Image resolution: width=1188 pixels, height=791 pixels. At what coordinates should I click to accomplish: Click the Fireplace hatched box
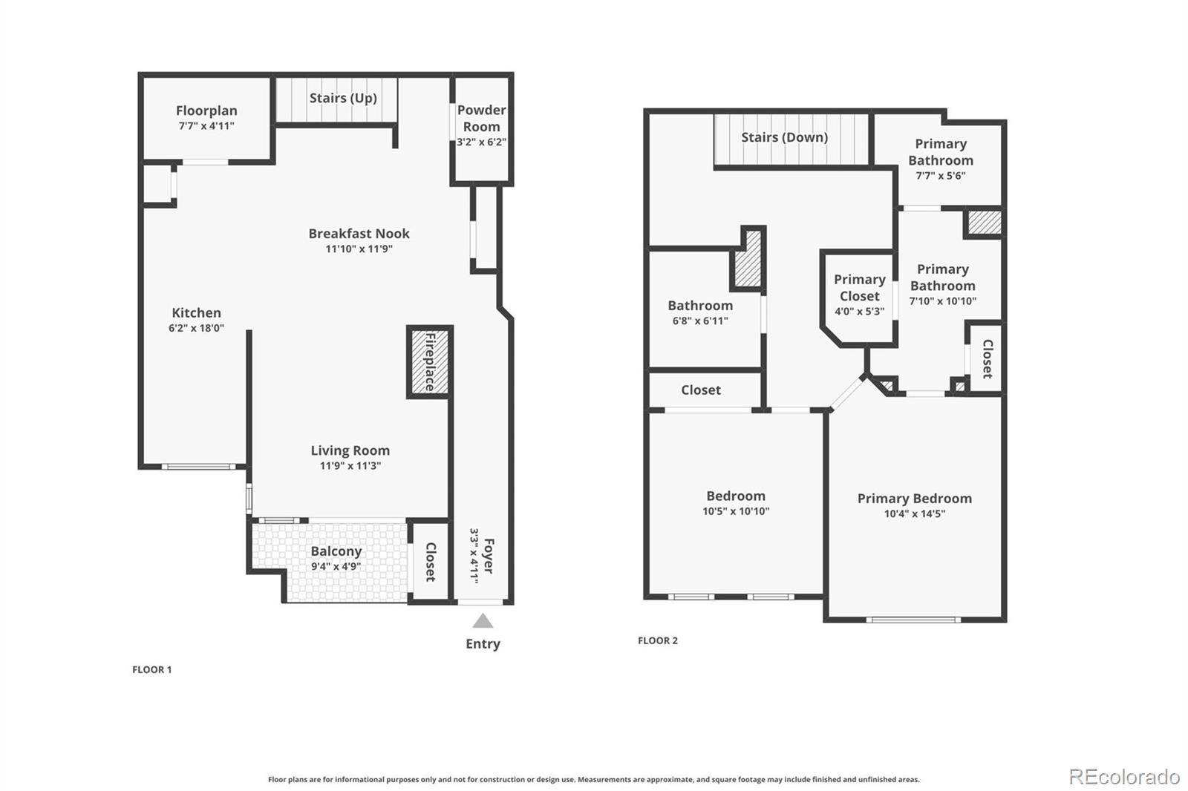[429, 361]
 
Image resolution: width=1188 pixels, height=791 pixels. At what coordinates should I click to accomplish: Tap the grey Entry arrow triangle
[483, 621]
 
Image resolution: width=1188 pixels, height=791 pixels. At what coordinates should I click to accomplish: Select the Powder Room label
[481, 118]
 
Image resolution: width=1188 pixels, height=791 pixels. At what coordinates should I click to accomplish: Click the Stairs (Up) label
[343, 98]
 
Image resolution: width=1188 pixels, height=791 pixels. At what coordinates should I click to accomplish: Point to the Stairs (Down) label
[784, 137]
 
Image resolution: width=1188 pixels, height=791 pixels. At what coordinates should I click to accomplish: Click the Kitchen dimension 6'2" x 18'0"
[196, 328]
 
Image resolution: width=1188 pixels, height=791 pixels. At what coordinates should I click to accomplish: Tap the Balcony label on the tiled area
[336, 551]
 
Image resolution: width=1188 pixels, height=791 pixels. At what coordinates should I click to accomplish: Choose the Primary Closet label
[859, 287]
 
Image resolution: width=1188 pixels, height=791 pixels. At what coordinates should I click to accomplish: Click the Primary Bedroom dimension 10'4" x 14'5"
[914, 513]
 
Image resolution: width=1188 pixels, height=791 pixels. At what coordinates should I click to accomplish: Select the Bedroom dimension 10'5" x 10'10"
[736, 511]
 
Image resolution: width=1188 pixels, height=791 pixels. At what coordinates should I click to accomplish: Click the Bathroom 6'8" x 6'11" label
[700, 312]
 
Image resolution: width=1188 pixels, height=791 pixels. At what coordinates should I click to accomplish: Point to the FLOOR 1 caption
[151, 669]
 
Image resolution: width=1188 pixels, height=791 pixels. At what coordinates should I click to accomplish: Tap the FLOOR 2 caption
[657, 640]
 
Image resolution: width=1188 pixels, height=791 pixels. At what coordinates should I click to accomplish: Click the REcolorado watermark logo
[1124, 777]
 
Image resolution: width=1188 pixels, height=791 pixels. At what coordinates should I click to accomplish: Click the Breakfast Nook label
[359, 234]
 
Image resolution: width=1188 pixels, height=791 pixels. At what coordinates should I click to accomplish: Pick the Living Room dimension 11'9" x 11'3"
[350, 466]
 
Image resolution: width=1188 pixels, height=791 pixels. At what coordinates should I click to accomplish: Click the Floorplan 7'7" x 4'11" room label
[206, 118]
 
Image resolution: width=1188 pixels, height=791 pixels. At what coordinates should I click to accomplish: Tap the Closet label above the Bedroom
[700, 390]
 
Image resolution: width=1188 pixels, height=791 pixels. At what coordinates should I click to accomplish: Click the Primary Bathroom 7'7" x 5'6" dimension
[940, 176]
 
